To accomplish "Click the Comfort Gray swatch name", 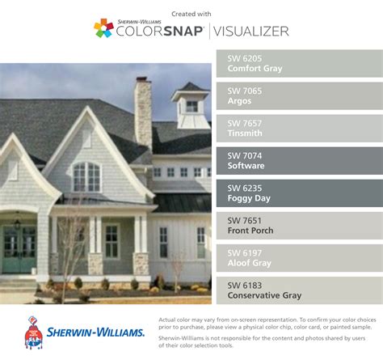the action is click(255, 69).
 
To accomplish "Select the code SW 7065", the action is click(245, 91).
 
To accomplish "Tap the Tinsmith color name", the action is click(245, 133).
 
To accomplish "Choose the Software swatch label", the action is click(246, 166).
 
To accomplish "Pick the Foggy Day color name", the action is click(249, 198).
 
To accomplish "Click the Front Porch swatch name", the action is click(250, 231).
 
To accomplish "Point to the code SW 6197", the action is click(245, 253).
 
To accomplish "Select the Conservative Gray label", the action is click(264, 295).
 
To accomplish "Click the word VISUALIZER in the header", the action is click(251, 32).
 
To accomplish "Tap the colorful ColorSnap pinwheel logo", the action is click(103, 28).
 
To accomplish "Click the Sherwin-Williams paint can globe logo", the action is click(34, 332).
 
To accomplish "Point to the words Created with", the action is click(191, 14).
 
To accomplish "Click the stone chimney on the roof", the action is click(143, 112).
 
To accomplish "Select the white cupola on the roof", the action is click(191, 106).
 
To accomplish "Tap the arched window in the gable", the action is click(86, 177).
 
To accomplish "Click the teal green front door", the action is click(19, 249).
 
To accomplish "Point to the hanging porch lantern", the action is click(18, 222).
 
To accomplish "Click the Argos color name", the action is click(239, 101).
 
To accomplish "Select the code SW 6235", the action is click(245, 188).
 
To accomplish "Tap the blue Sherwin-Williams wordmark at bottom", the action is click(95, 332).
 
